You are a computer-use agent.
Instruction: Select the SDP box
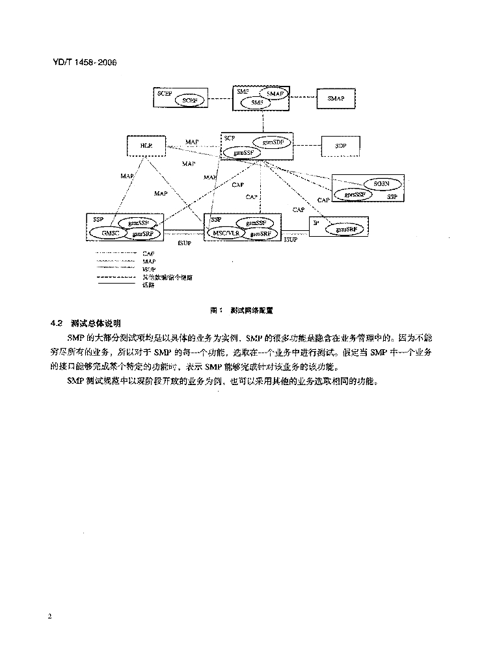pyautogui.click(x=340, y=146)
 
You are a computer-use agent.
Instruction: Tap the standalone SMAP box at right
pyautogui.click(x=336, y=98)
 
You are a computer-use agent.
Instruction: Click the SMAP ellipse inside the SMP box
pyautogui.click(x=274, y=94)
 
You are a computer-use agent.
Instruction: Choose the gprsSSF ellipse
pyautogui.click(x=354, y=194)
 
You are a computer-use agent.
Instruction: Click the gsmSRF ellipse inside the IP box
pyautogui.click(x=346, y=229)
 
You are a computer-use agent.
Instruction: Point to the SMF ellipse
pyautogui.click(x=258, y=103)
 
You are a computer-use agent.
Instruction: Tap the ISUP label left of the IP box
pyautogui.click(x=291, y=240)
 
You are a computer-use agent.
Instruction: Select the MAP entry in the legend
pyautogui.click(x=149, y=261)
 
